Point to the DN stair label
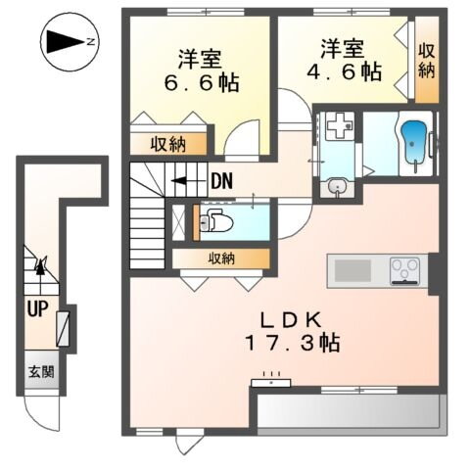point(221,180)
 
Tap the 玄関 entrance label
point(40,372)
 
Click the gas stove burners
point(403,268)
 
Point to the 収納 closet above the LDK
point(220,258)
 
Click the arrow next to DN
point(185,180)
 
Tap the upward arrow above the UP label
point(41,264)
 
